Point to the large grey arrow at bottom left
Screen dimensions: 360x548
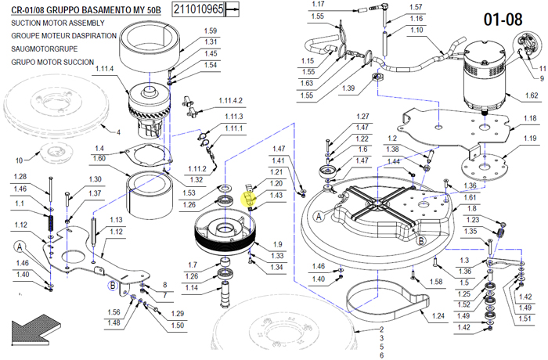coord(32,333)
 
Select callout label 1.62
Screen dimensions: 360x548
coord(531,95)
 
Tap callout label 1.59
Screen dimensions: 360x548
coord(211,31)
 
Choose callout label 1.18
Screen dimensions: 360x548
coord(530,118)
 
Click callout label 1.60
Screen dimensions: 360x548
coord(100,158)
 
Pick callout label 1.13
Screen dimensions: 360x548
coord(117,220)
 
